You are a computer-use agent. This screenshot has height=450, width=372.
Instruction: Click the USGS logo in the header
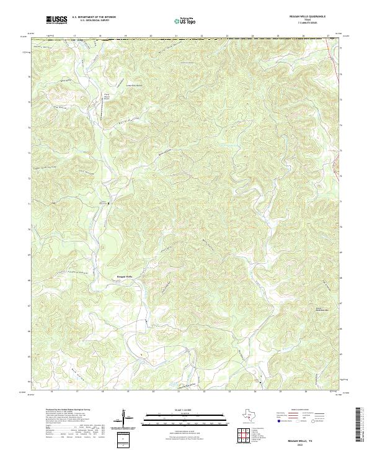pos(56,20)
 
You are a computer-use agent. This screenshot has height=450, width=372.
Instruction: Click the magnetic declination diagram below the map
pos(124,417)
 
